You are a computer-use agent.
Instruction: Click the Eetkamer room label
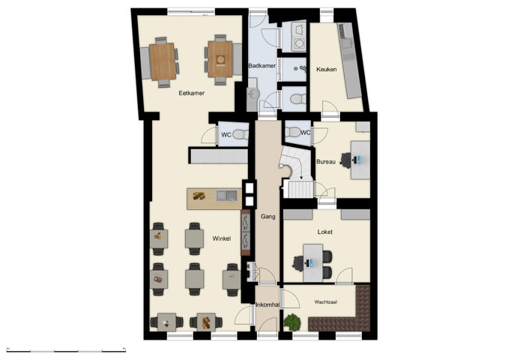[x=192, y=93]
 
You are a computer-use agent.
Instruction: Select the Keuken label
[x=327, y=69]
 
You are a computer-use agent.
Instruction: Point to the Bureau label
[x=326, y=161]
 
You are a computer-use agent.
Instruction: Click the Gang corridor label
[x=267, y=217]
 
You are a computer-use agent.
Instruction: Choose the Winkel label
[x=220, y=238]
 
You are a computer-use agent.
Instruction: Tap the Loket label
[x=325, y=232]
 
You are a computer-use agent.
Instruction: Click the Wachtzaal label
[x=326, y=302]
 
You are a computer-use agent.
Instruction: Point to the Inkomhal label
[x=267, y=304]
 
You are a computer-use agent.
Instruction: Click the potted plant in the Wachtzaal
[x=291, y=322]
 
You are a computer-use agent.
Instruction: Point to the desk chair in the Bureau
[x=347, y=159]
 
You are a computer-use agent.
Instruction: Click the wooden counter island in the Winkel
[x=211, y=196]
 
